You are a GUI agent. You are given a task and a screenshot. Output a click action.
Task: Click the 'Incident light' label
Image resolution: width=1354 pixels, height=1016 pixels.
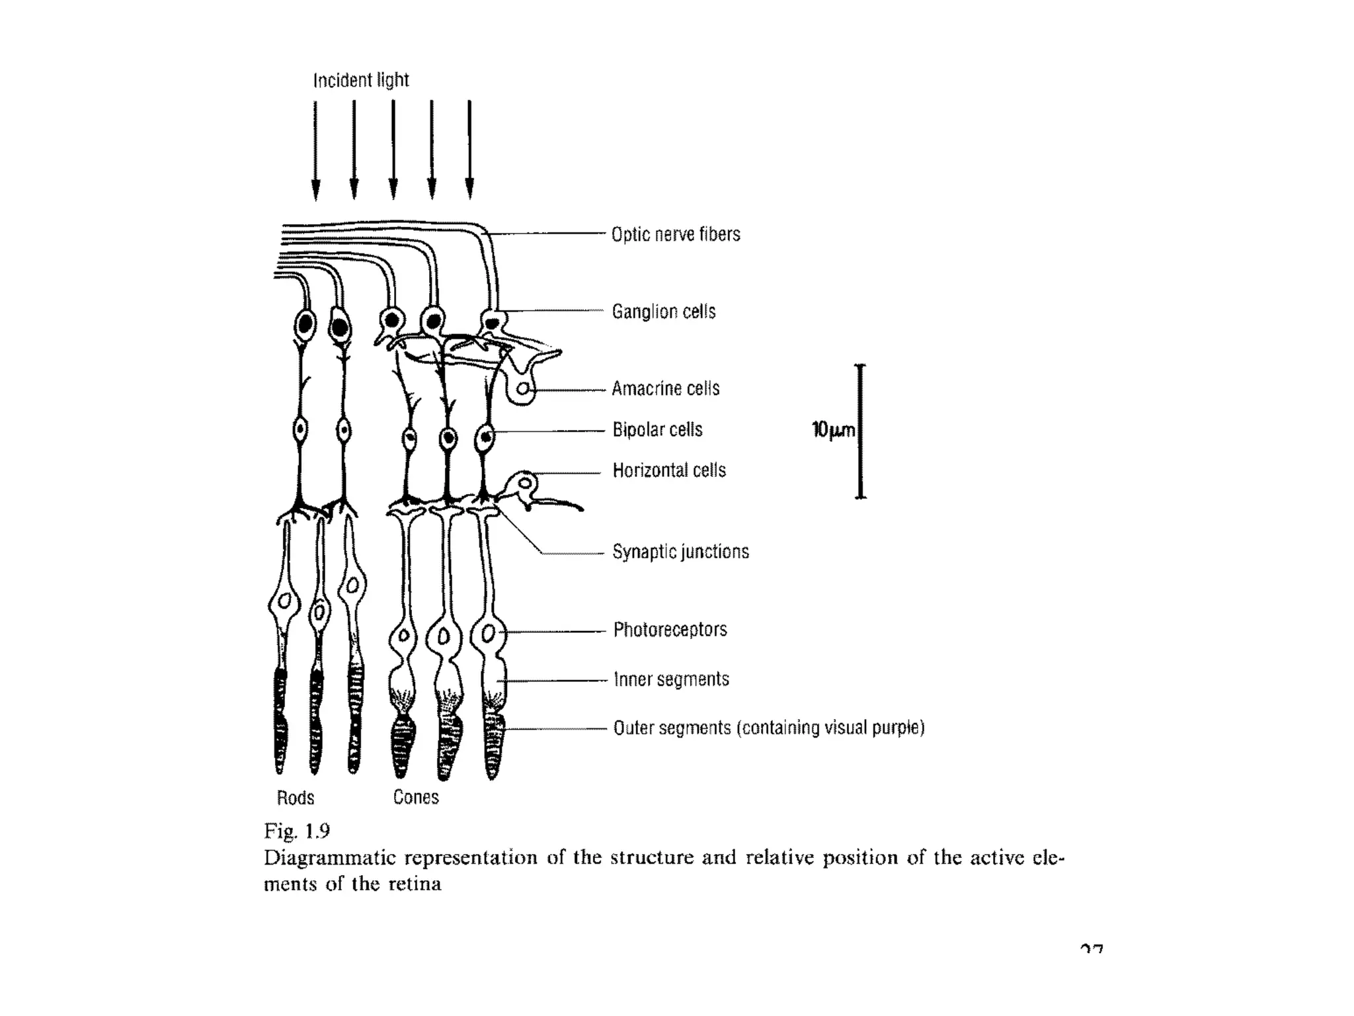pos(361,81)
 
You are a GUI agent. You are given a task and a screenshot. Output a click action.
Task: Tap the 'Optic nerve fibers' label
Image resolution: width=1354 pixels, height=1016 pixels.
pos(675,235)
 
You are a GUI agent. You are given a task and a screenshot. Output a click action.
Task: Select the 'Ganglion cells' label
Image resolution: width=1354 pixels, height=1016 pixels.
pos(663,312)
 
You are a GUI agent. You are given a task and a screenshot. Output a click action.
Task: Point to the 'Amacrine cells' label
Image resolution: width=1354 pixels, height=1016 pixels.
pos(665,389)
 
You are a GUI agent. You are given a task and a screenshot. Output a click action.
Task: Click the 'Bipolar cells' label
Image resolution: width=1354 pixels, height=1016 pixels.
pos(657,430)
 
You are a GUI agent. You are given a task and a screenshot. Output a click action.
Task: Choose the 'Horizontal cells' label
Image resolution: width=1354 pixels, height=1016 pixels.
pos(669,471)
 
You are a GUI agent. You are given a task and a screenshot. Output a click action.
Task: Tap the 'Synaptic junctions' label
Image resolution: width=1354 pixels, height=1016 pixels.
pos(680,552)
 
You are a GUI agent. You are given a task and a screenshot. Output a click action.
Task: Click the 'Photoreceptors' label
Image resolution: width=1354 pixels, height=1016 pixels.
pos(670,630)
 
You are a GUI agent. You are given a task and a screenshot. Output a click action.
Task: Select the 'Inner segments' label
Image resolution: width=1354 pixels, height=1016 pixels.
pos(671,680)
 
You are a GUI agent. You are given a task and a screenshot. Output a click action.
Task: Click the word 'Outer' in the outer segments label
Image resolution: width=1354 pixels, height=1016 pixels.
pos(637,728)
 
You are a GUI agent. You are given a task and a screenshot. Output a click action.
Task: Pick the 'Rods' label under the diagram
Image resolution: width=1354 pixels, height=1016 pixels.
pos(296,798)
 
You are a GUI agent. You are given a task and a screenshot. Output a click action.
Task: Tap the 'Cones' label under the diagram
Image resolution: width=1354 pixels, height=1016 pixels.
pos(416,798)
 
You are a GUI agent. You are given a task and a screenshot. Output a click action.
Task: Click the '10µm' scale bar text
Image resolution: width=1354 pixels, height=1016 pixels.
pos(833,431)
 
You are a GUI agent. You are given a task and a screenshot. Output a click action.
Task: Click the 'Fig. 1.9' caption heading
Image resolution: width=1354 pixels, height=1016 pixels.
pos(297,831)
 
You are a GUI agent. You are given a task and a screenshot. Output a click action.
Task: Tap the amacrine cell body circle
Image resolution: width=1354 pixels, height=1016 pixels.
pos(523,389)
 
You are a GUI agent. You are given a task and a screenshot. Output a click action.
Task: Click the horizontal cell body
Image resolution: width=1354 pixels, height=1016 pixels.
pos(525,482)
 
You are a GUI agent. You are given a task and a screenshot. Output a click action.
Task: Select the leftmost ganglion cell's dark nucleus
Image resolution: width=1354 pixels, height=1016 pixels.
pos(305,325)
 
